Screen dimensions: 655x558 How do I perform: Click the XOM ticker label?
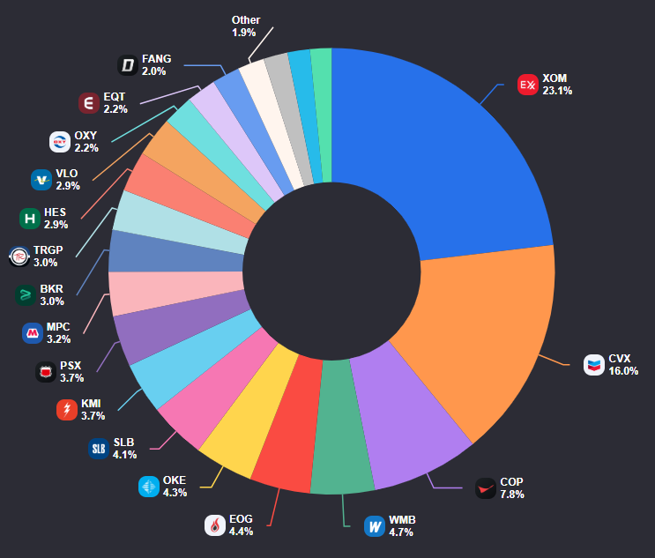(555, 78)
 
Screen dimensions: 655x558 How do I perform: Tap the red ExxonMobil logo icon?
(527, 85)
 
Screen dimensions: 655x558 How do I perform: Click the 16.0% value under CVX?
(623, 371)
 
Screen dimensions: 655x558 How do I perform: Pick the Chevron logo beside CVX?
(594, 365)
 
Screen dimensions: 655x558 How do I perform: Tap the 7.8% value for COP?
(512, 495)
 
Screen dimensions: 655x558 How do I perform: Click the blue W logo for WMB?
(375, 526)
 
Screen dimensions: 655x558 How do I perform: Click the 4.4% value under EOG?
(241, 532)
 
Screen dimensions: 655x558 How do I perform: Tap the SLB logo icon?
(99, 449)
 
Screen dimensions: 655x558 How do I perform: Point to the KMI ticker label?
(91, 404)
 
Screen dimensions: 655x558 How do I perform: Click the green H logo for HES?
(30, 219)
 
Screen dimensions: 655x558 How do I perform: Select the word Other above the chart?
(246, 20)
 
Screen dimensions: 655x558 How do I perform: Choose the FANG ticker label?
(156, 59)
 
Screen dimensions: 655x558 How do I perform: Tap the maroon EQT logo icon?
(89, 103)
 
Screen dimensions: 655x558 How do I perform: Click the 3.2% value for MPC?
(58, 339)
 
